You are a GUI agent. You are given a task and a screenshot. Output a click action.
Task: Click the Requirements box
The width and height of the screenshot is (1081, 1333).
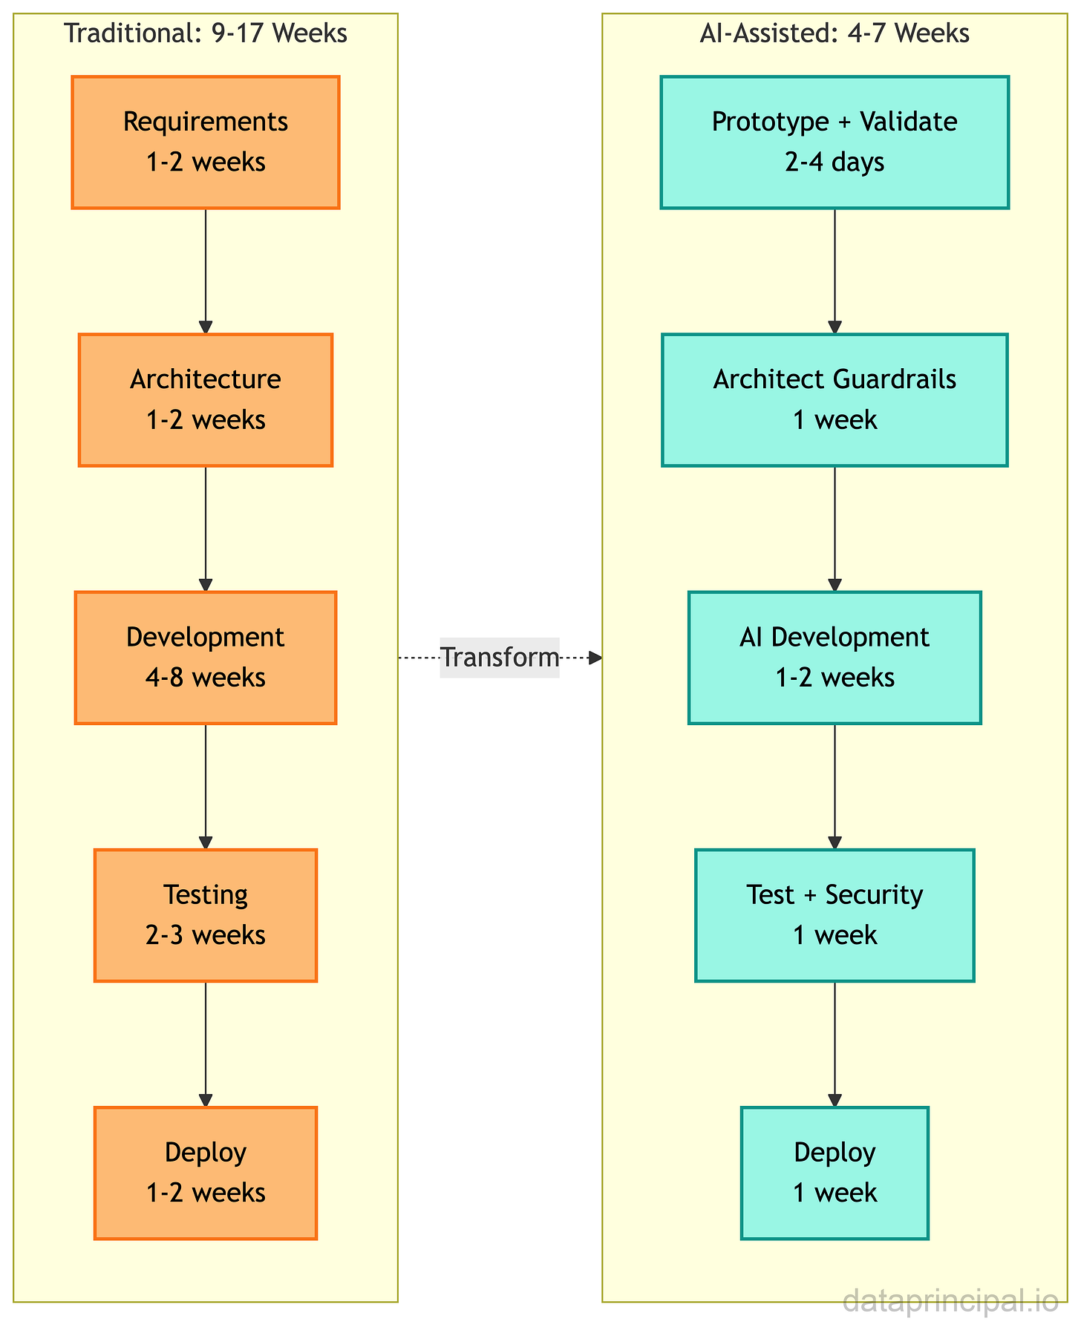(206, 142)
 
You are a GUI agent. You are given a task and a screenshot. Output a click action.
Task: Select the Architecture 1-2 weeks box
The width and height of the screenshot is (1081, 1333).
(206, 400)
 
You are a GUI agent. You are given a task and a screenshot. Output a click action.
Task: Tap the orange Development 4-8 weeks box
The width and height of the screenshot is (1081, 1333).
(206, 658)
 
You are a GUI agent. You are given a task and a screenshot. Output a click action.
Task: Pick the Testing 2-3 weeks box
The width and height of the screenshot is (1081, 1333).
(206, 915)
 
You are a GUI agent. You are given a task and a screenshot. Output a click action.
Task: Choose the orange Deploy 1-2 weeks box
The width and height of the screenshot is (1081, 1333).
(206, 1173)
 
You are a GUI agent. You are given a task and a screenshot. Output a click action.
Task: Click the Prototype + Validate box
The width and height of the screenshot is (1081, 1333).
(835, 142)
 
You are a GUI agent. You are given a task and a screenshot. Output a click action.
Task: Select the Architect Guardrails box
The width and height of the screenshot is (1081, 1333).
(835, 400)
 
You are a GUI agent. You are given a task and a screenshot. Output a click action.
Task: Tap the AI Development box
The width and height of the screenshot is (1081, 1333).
(835, 658)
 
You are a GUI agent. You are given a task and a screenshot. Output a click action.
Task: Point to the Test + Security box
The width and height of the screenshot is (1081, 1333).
(835, 915)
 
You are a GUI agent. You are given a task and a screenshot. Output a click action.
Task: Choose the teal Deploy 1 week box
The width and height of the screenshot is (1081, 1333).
(835, 1173)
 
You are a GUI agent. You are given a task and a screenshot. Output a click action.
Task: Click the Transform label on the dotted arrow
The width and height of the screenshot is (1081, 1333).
(499, 658)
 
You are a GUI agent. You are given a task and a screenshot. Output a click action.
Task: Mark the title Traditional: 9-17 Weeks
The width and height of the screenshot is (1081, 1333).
(206, 34)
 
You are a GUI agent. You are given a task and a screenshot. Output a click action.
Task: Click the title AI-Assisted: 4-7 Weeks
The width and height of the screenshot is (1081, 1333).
(835, 34)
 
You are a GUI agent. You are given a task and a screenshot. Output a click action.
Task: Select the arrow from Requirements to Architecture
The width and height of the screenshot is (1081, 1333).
(206, 271)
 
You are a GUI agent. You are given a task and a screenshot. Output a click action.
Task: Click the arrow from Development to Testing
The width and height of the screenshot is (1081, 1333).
(206, 787)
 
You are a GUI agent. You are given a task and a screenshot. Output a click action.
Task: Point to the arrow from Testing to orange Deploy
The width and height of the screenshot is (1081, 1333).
(206, 1044)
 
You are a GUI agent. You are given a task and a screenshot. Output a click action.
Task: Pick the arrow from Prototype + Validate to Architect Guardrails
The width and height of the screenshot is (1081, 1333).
(835, 271)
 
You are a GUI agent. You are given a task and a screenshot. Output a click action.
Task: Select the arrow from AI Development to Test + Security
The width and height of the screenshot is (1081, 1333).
(835, 787)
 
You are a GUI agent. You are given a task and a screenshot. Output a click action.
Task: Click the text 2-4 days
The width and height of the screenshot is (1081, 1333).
(835, 162)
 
